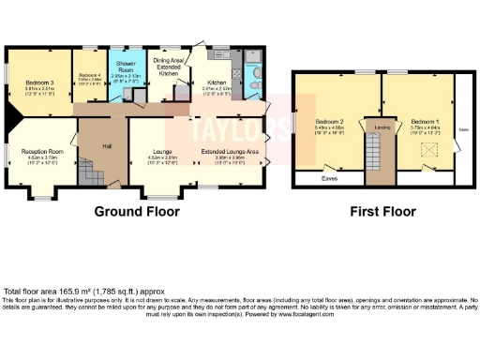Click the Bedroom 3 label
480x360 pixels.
[x=38, y=82]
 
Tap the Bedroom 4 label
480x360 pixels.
[x=89, y=75]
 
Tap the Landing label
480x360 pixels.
[x=382, y=127]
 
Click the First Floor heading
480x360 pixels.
[x=382, y=212]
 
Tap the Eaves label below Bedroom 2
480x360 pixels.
[x=329, y=176]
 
